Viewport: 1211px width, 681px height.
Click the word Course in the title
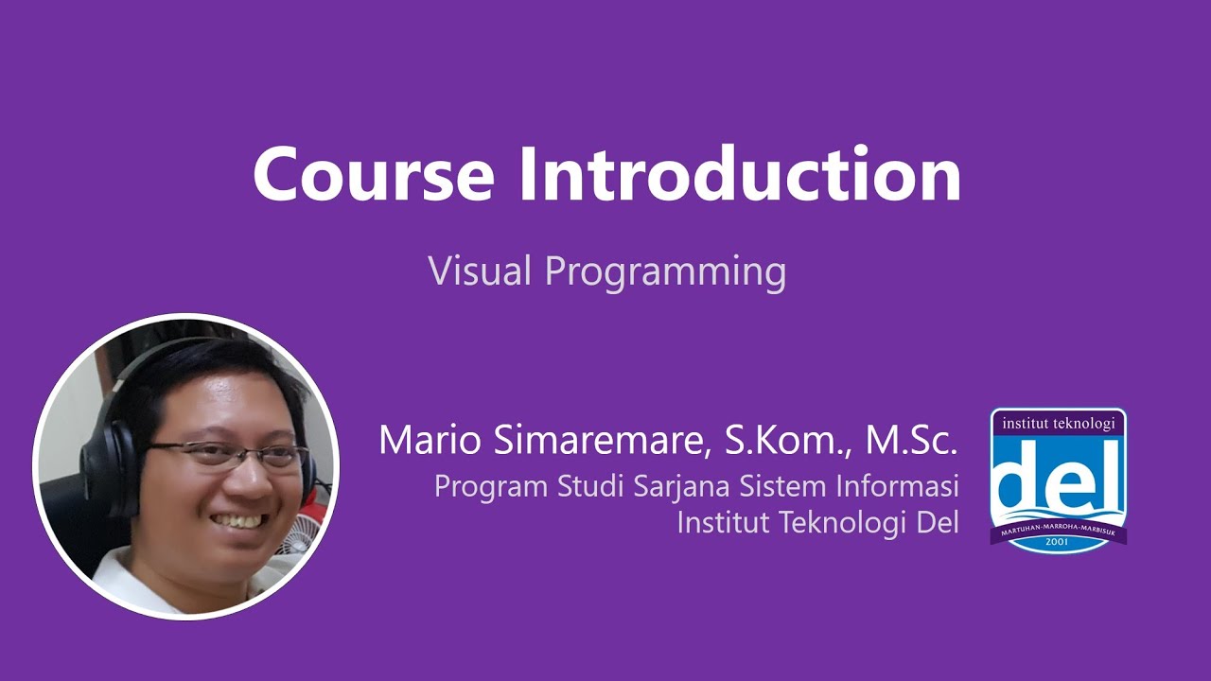click(x=373, y=175)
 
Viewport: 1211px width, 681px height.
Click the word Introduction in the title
click(x=740, y=175)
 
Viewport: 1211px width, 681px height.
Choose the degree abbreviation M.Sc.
click(x=911, y=440)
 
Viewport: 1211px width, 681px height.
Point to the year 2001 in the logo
click(x=1058, y=543)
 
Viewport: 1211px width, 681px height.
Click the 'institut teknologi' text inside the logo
click(x=1058, y=423)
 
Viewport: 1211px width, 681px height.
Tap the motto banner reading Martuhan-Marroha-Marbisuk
click(x=1058, y=528)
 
